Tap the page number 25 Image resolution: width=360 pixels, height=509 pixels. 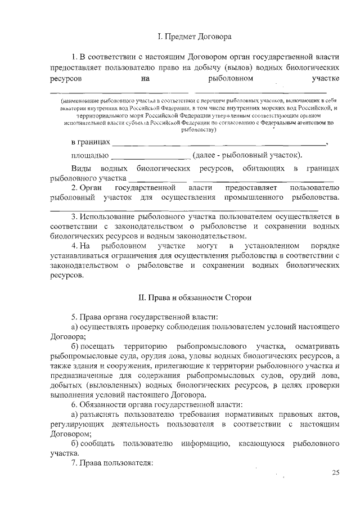click(x=335, y=473)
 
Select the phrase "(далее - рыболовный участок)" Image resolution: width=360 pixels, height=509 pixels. click(x=247, y=155)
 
